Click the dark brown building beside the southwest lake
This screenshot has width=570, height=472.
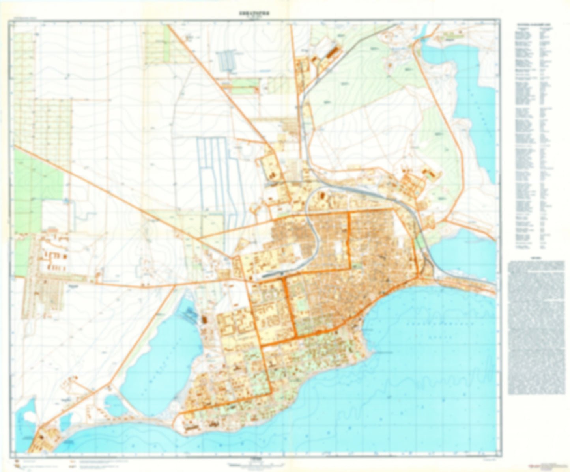click(x=204, y=319)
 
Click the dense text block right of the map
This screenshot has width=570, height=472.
click(x=536, y=327)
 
